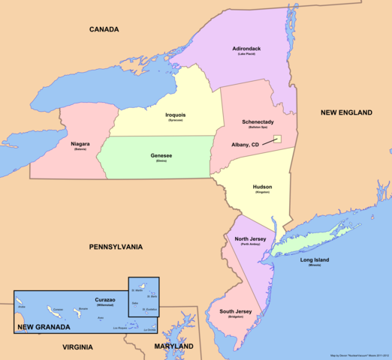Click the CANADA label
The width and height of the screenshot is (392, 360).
tap(105, 30)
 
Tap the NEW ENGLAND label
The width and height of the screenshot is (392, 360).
tap(346, 112)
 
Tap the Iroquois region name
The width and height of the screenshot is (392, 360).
tap(176, 115)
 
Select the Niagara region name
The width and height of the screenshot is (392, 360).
tap(80, 143)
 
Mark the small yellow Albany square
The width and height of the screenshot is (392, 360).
tap(276, 139)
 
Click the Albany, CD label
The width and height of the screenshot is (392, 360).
tap(245, 145)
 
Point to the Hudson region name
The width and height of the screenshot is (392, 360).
tap(262, 187)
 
